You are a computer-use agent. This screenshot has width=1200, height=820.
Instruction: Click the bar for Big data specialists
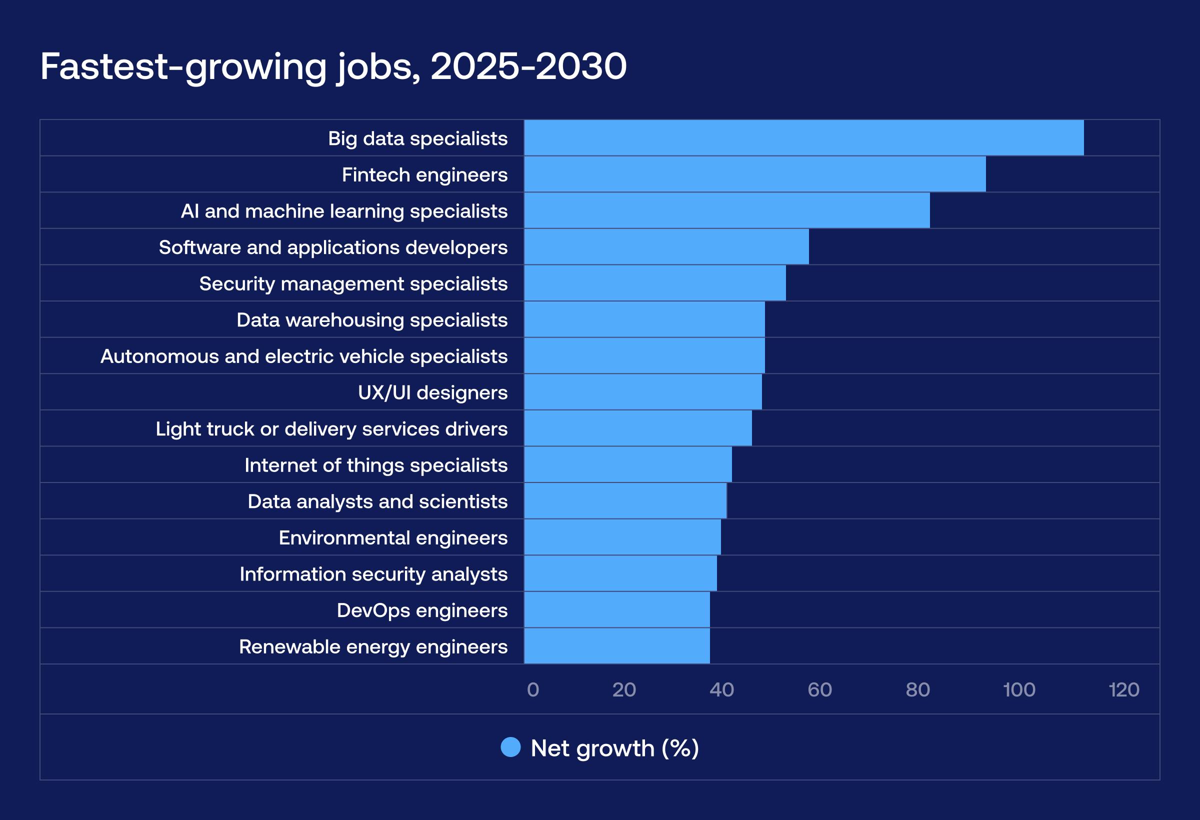(803, 138)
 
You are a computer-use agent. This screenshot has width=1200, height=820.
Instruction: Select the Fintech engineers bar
(754, 174)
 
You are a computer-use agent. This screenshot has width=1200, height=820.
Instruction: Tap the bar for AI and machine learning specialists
(726, 210)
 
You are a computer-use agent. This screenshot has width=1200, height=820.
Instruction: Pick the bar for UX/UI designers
(642, 392)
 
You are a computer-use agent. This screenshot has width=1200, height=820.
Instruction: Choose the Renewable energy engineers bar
(616, 646)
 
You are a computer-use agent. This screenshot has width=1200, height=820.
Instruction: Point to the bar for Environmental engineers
(622, 537)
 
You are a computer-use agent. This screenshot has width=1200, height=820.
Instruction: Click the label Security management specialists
(353, 283)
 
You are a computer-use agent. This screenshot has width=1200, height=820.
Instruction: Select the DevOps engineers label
(422, 610)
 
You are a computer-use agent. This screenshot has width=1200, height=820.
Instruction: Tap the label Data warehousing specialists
(372, 319)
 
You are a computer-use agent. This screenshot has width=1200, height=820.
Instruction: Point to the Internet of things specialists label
(376, 465)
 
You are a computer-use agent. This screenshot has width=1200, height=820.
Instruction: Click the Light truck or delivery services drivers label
(331, 428)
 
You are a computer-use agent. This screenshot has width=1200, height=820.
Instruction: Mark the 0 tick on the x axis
(533, 690)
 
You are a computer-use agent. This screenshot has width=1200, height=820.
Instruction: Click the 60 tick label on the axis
(819, 690)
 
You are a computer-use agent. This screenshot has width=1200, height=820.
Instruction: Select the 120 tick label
(1123, 690)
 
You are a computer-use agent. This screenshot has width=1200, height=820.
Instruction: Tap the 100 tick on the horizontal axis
(1019, 690)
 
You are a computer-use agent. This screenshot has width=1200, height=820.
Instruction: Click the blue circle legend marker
(510, 747)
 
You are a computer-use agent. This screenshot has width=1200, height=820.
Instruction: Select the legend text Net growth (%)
(614, 748)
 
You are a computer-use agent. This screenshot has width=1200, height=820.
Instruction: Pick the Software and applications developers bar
(666, 247)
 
